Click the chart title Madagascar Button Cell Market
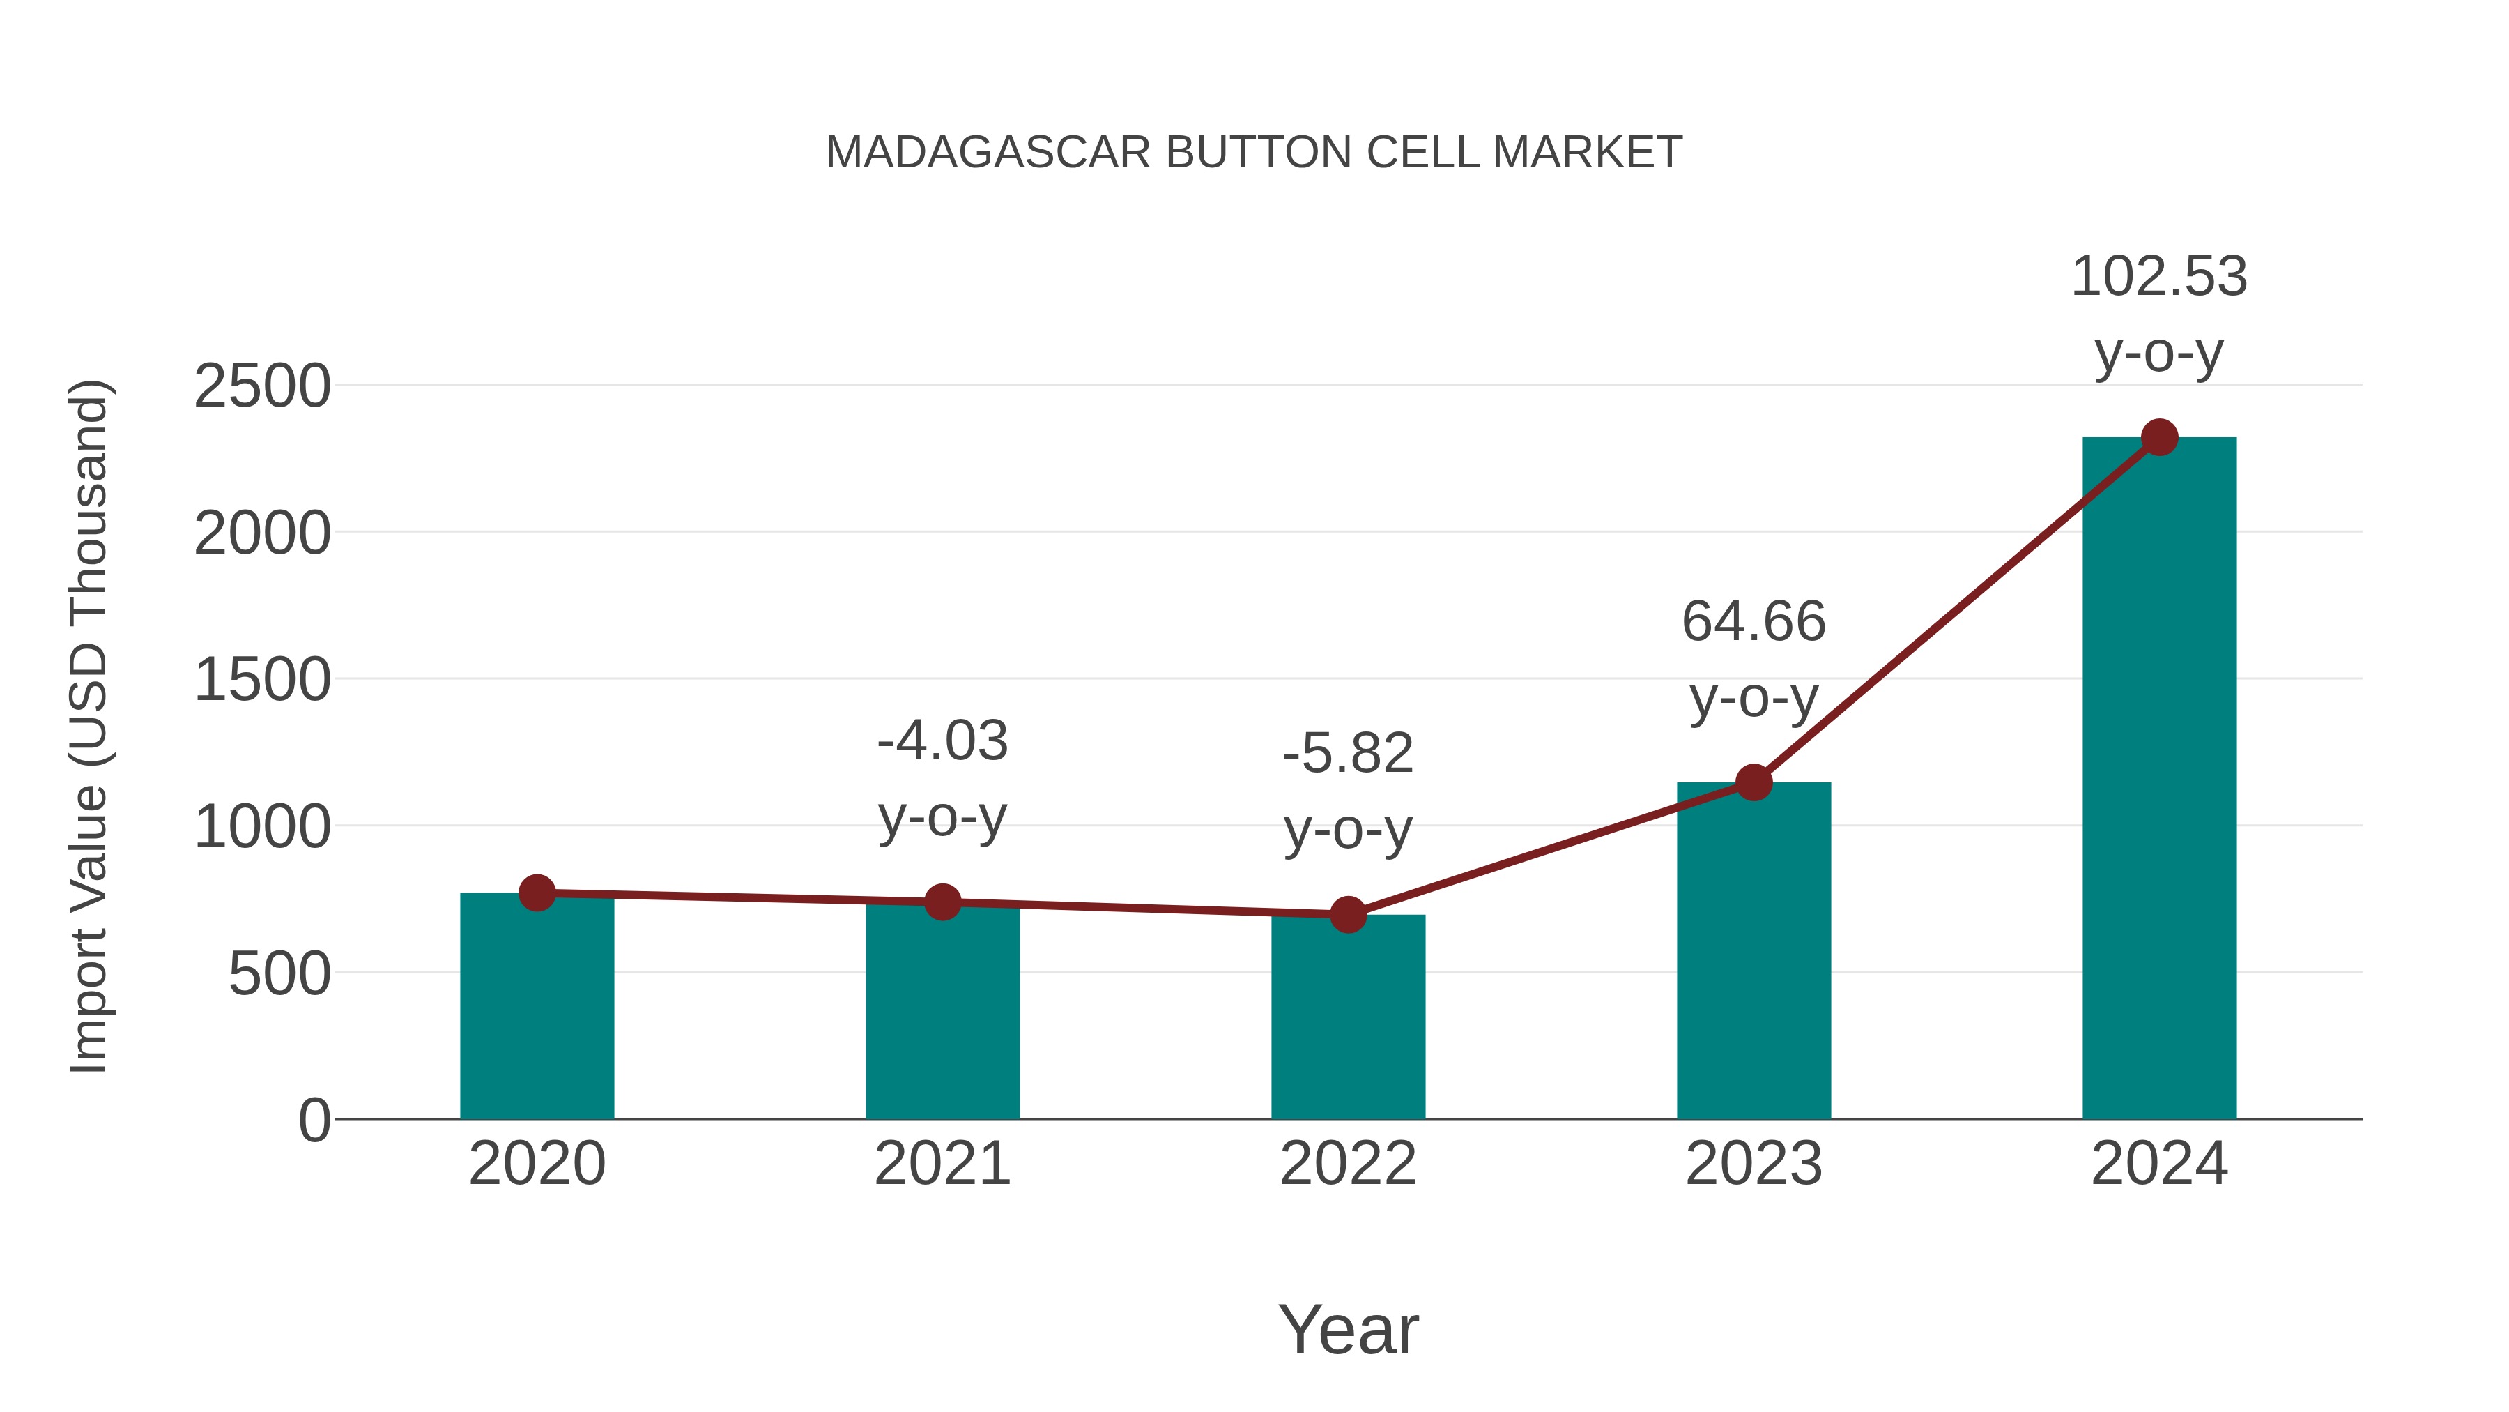point(1254,153)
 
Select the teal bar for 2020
point(537,1013)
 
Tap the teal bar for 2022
point(1348,1023)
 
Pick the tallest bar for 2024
point(2159,780)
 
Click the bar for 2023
point(1754,955)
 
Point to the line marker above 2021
point(942,902)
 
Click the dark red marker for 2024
point(2159,437)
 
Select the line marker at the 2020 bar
point(537,892)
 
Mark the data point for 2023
point(1754,782)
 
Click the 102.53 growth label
point(2158,277)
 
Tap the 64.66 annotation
point(1754,622)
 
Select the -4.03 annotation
point(942,742)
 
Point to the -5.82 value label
point(1348,754)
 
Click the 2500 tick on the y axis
point(262,387)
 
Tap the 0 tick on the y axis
point(314,1120)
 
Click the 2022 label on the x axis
point(1348,1164)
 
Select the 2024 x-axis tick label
point(2159,1164)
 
